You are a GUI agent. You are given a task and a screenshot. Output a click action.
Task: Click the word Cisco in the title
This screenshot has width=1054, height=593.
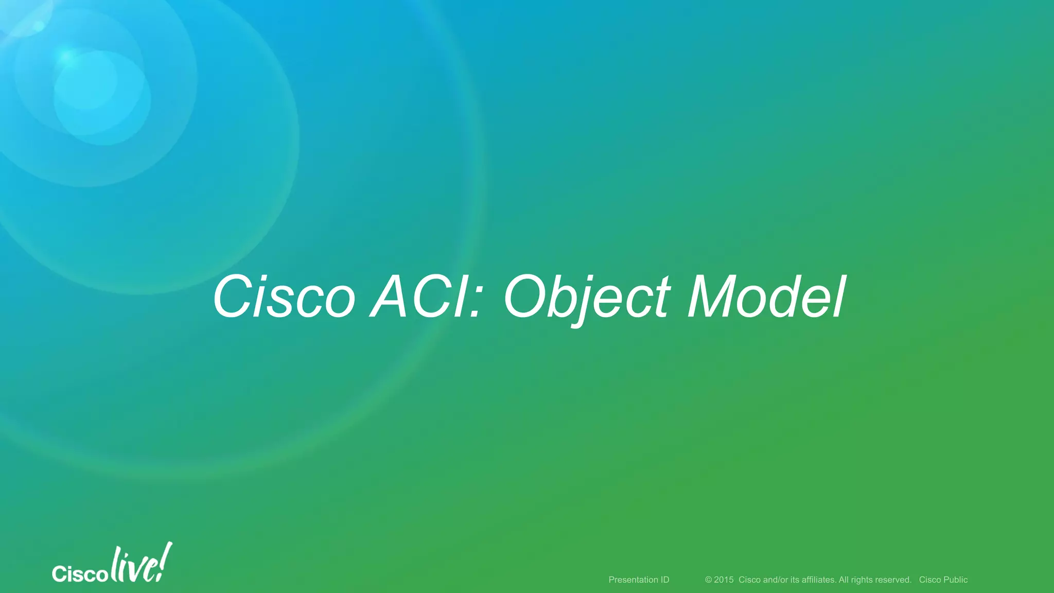coord(284,298)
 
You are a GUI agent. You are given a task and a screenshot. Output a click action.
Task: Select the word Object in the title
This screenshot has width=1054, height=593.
coord(587,298)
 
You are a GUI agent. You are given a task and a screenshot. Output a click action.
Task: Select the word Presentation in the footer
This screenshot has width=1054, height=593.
coord(632,580)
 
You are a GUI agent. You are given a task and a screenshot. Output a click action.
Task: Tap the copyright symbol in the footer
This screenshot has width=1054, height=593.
coord(708,580)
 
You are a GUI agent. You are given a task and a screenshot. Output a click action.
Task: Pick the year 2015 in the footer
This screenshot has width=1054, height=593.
coord(724,580)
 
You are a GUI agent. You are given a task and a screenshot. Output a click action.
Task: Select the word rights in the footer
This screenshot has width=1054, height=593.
coord(862,580)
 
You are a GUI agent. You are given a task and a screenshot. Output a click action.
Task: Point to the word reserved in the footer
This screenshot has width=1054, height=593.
coord(894,580)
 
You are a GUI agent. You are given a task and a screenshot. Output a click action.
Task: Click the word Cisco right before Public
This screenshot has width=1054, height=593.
coord(930,580)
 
